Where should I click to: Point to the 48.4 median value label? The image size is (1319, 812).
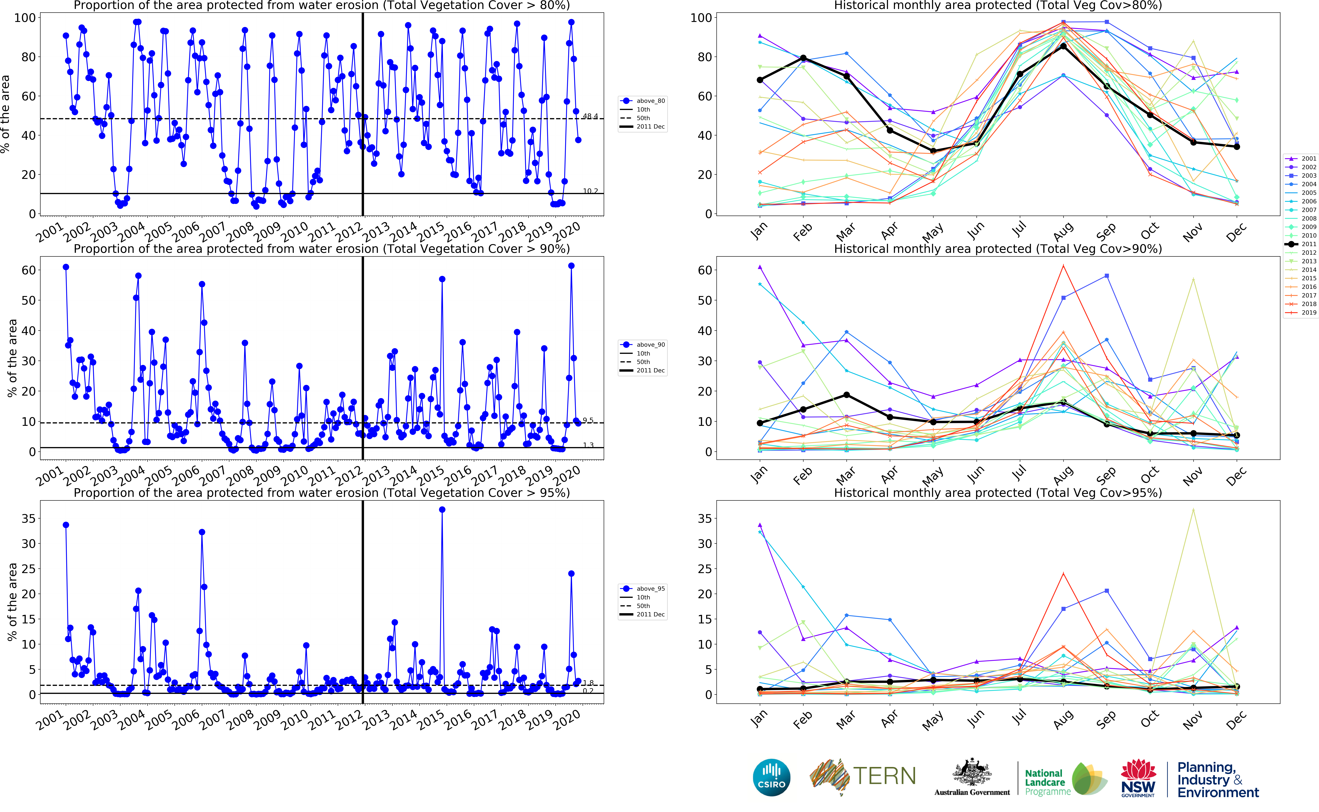tap(590, 116)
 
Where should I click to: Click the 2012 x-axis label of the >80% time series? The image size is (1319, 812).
tap(349, 232)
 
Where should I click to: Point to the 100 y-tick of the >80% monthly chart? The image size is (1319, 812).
tap(701, 18)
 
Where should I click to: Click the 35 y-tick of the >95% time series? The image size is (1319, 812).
tap(28, 518)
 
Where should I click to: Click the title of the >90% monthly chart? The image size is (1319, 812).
tap(998, 249)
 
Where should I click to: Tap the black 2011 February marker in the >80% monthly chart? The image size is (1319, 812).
tap(803, 58)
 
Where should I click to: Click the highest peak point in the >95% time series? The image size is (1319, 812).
tap(442, 510)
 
